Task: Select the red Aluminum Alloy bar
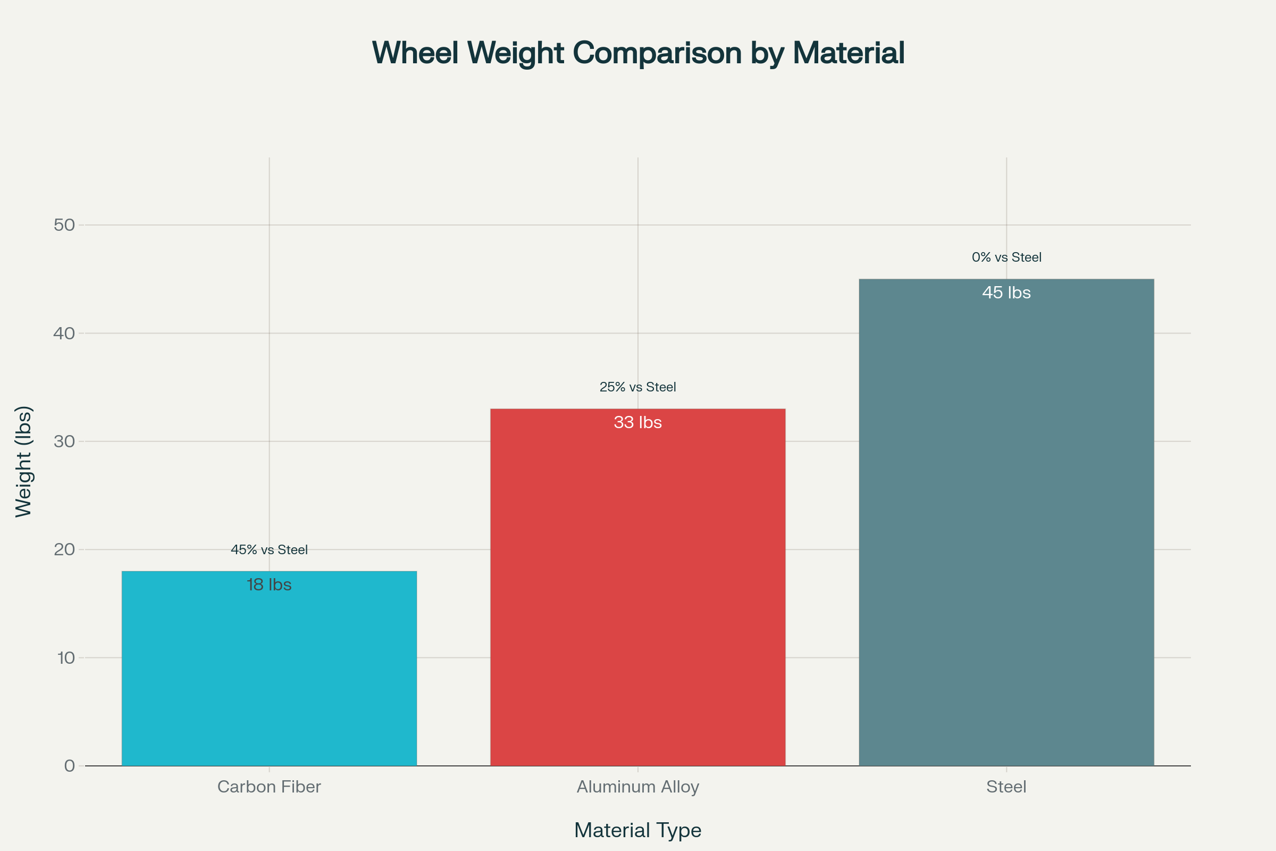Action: pos(637,597)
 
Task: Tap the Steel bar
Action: pos(1006,532)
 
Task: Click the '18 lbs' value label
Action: pos(269,585)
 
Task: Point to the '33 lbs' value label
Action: pos(637,423)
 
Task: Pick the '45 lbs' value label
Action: pos(1006,293)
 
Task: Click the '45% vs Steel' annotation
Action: pos(269,550)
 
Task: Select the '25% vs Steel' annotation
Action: pos(637,388)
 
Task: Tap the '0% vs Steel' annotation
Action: pos(1006,257)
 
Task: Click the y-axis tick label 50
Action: pos(64,224)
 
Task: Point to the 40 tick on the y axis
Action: pos(64,333)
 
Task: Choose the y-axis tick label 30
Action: pos(64,441)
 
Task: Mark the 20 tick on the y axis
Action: pos(64,549)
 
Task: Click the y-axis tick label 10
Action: pos(65,658)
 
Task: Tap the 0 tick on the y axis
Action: pos(70,766)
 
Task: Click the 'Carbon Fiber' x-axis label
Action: pos(269,787)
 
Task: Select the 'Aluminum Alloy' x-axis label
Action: pos(637,787)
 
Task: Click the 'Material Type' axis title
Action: pos(637,830)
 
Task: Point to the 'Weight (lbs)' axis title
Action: pos(24,461)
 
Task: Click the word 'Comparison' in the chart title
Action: pos(657,53)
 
